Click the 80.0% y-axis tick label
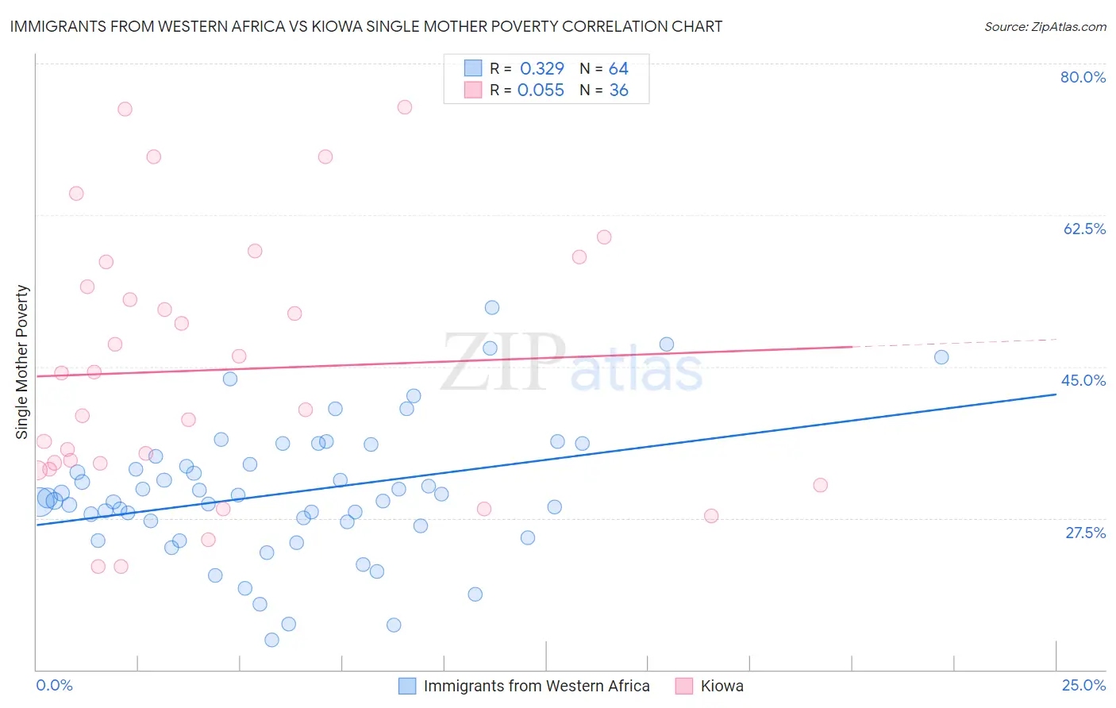point(1083,77)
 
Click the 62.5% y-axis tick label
point(1084,229)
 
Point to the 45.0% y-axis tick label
point(1083,380)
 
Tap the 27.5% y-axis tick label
point(1085,533)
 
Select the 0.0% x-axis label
point(54,685)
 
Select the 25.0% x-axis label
point(1083,685)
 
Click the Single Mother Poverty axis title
point(22,362)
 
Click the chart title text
point(366,26)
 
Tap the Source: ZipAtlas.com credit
point(1045,26)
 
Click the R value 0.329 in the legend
point(541,69)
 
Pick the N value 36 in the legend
point(618,90)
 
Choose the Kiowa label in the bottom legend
point(722,686)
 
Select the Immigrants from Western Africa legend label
point(537,686)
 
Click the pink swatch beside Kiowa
point(683,686)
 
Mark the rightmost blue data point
point(941,357)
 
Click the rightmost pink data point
point(821,485)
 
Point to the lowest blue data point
point(271,640)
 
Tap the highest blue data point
point(492,308)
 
